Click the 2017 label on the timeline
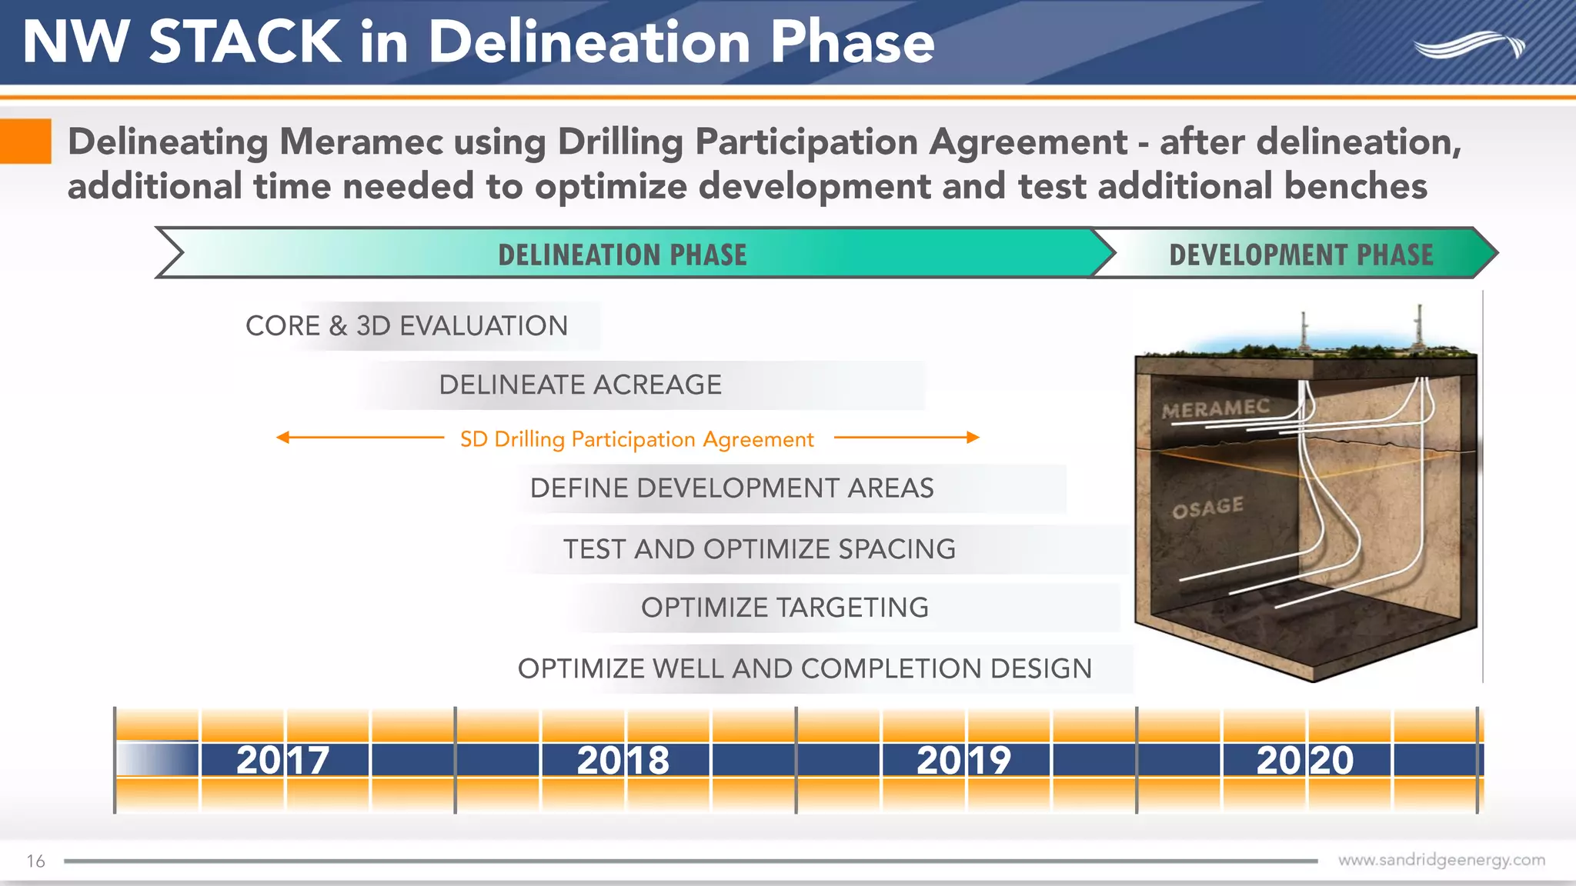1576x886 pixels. click(x=282, y=760)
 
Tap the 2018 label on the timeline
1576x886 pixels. click(x=623, y=760)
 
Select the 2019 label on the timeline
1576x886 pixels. click(x=963, y=760)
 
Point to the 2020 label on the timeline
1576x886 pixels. click(x=1304, y=760)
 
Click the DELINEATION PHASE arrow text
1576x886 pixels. click(x=622, y=255)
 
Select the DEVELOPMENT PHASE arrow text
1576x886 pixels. click(x=1301, y=255)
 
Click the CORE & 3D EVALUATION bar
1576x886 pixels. click(x=406, y=326)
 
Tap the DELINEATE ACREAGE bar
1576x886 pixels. click(x=580, y=385)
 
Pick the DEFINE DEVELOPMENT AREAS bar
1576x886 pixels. click(x=732, y=488)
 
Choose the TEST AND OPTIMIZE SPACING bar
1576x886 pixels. click(x=760, y=549)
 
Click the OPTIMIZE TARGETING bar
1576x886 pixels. click(x=785, y=608)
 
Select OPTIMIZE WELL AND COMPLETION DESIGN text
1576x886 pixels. click(x=804, y=668)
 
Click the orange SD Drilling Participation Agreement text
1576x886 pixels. click(x=636, y=439)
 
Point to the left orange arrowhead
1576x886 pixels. click(x=282, y=438)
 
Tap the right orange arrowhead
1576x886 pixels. click(x=973, y=438)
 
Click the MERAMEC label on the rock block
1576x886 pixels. click(x=1215, y=408)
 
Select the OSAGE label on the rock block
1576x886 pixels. click(x=1207, y=508)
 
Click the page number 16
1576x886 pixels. click(x=35, y=861)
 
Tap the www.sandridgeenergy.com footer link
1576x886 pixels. click(x=1441, y=860)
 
